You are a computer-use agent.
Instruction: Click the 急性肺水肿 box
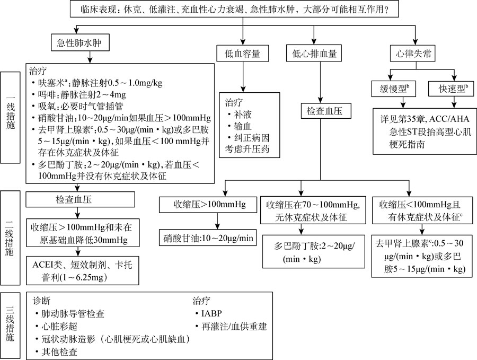(x=77, y=43)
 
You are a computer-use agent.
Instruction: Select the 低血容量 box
(x=242, y=53)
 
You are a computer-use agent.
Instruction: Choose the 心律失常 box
(x=410, y=53)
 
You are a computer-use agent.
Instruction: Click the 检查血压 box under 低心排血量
(x=322, y=112)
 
